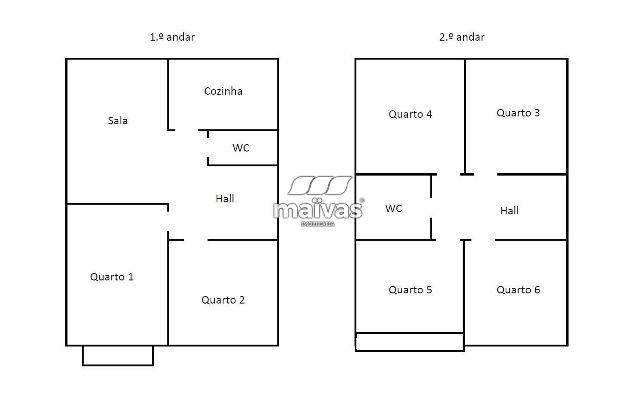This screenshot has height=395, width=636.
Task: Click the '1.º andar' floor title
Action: point(172,37)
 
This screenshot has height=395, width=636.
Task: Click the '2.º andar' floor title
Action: point(461,37)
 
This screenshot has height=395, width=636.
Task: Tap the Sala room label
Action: point(118,121)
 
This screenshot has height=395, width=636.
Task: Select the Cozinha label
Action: point(223,91)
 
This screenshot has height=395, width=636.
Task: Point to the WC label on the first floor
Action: point(241,148)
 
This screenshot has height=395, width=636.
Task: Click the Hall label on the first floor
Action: point(225,199)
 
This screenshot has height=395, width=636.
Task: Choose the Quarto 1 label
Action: point(112,277)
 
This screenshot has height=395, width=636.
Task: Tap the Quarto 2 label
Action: point(223,300)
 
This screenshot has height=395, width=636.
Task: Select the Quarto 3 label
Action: point(518,113)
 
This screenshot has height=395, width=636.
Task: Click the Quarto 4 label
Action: point(410,114)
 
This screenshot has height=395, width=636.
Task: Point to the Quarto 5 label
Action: point(410,290)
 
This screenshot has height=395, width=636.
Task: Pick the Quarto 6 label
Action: point(518,290)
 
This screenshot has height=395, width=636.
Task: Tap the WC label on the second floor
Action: point(394,208)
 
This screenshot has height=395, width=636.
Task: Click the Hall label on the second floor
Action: point(509,211)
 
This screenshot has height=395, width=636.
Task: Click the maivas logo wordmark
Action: point(318,210)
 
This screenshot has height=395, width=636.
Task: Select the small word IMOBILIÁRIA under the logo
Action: point(318,224)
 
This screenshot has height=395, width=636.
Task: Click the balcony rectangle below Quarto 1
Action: point(118,355)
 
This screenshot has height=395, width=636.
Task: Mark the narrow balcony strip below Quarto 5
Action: point(410,342)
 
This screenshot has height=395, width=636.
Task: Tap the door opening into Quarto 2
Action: point(196,240)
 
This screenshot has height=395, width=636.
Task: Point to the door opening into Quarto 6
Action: point(483,240)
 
